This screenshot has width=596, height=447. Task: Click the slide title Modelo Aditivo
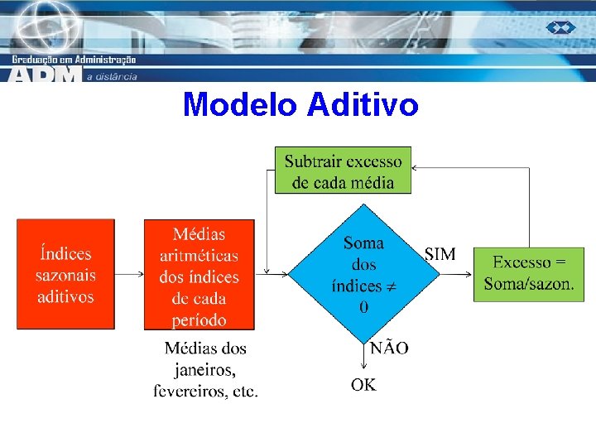click(300, 105)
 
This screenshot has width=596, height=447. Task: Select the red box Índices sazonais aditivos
click(65, 274)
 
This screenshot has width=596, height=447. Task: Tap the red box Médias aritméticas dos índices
click(199, 275)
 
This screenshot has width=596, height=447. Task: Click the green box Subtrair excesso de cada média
click(343, 171)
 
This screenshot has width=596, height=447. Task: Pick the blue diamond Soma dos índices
click(364, 274)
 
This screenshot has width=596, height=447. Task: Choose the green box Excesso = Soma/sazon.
click(529, 274)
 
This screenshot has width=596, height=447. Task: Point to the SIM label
click(440, 254)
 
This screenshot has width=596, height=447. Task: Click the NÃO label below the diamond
click(389, 348)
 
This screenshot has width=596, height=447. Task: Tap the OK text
click(363, 385)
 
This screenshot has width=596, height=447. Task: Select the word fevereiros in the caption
click(190, 391)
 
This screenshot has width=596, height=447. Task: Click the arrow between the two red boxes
click(129, 273)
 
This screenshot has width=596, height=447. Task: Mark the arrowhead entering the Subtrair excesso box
click(416, 168)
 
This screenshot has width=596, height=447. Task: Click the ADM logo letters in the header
click(46, 74)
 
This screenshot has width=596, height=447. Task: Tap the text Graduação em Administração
click(74, 59)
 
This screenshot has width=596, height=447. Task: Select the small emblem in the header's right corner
click(560, 28)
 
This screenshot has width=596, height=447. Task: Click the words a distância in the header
click(113, 76)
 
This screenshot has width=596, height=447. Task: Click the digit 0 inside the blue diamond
click(364, 307)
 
